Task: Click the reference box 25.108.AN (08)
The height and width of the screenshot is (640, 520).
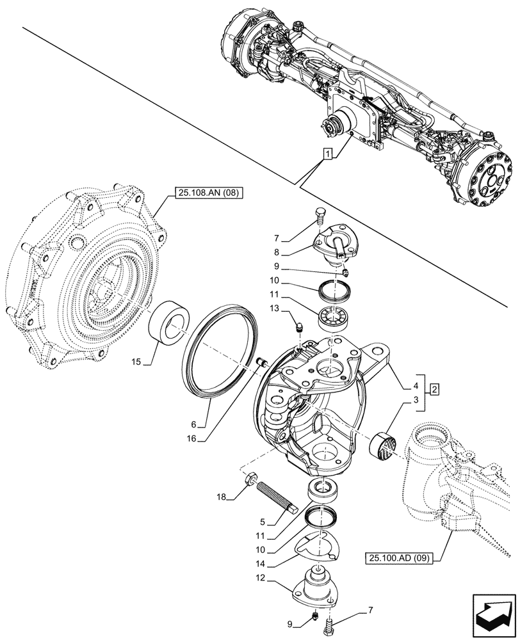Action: click(206, 192)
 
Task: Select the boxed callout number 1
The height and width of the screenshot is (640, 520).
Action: click(327, 154)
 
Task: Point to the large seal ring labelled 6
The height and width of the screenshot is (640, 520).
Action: click(220, 356)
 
